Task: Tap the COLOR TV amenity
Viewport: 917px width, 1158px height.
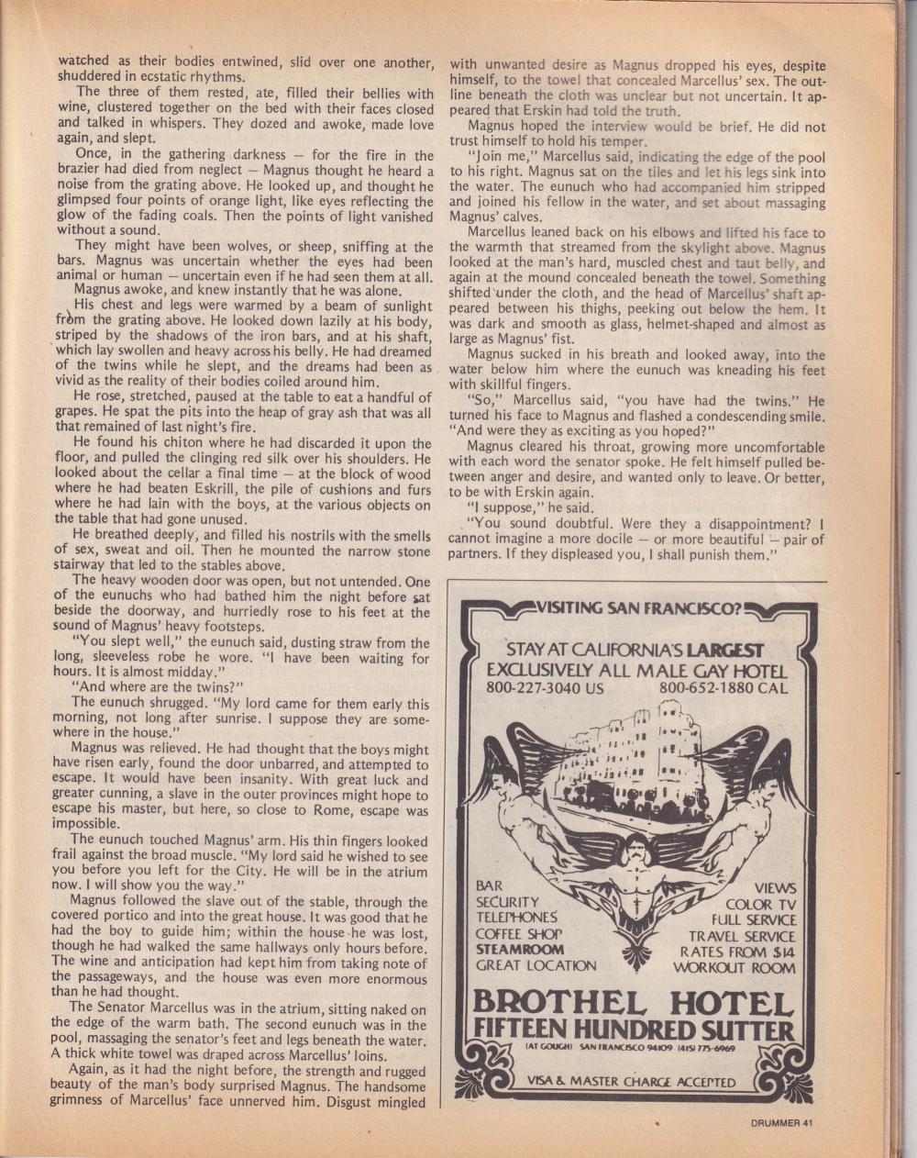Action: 760,904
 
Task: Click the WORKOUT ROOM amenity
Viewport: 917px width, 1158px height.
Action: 735,967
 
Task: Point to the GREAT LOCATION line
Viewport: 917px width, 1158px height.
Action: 536,965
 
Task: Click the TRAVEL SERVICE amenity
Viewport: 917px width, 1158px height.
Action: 742,936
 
